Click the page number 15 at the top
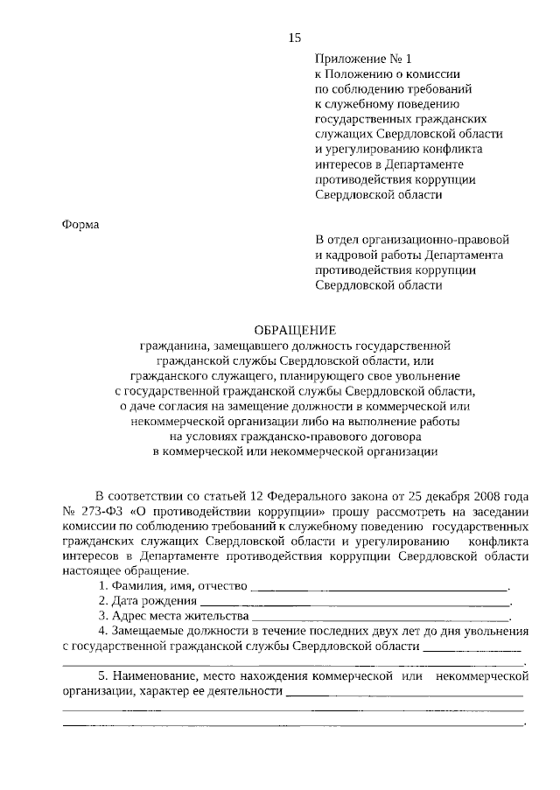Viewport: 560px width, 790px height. point(294,37)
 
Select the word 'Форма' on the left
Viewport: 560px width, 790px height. point(80,224)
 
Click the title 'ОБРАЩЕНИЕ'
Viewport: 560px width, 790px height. point(294,330)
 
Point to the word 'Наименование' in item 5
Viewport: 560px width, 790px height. point(152,676)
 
